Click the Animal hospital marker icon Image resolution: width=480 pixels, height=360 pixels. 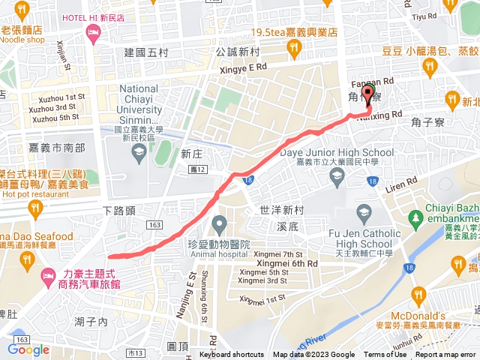219,223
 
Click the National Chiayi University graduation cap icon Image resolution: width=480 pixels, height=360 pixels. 139,154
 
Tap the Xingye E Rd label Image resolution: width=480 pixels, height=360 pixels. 232,67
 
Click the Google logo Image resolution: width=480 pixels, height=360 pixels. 28,349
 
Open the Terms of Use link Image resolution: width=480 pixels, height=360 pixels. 385,355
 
